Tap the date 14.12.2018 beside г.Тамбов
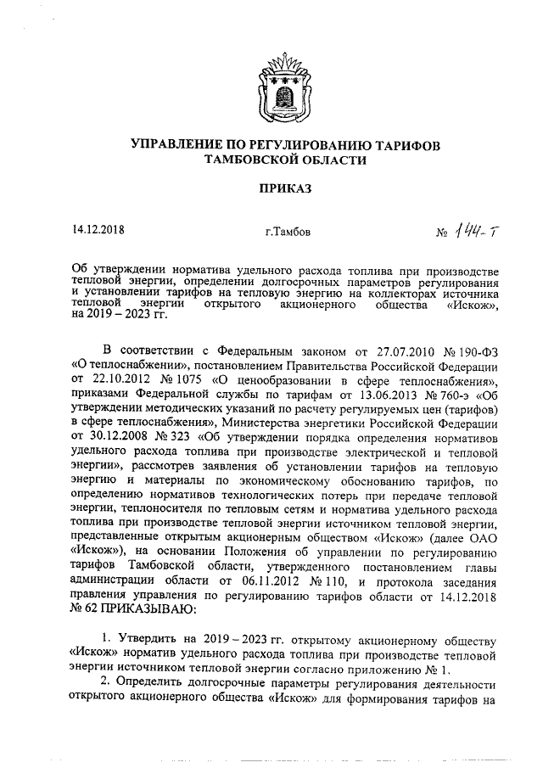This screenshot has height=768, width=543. [x=99, y=230]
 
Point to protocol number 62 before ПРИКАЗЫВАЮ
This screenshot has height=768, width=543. [x=81, y=607]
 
